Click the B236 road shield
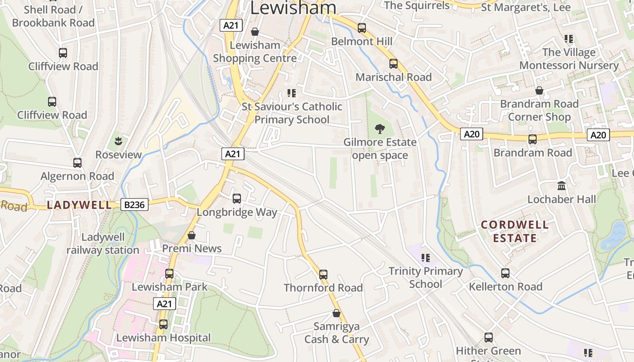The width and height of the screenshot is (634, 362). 134,205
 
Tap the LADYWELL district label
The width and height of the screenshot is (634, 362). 79,205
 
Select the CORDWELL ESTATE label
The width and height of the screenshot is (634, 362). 514,231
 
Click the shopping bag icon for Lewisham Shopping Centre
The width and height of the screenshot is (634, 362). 255,32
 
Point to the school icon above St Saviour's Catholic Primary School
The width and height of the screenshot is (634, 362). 292,93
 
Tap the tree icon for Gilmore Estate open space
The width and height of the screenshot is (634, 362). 379,129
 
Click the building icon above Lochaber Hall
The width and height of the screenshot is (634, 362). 562,186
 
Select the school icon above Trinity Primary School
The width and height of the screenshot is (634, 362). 425,258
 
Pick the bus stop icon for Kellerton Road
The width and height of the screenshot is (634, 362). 505,273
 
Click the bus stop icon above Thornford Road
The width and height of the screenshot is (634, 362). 323,274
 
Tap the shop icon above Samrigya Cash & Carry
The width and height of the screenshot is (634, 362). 336,313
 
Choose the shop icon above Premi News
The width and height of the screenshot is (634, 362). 192,235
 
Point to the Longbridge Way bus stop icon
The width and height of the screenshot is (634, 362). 236,198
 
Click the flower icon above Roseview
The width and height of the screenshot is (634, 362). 119,141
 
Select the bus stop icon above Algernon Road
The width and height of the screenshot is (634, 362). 77,162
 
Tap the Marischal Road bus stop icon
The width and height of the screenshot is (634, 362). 393,64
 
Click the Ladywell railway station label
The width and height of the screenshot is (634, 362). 103,243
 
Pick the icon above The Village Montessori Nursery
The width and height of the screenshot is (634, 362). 569,39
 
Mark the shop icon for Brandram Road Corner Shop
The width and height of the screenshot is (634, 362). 539,90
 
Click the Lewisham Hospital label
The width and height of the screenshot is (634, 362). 163,338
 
